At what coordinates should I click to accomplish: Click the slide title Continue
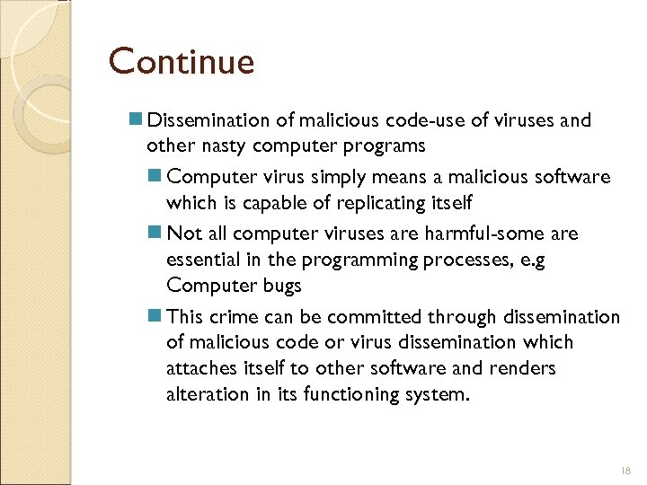pos(182,62)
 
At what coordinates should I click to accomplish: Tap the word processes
pos(463,260)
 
